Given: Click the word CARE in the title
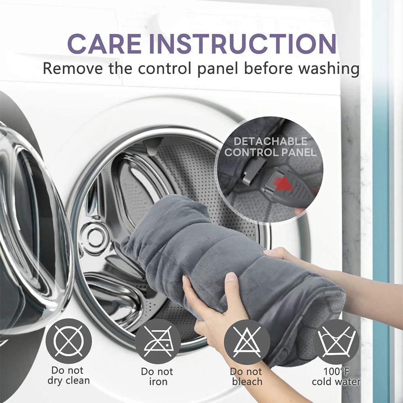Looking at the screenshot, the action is [104, 44].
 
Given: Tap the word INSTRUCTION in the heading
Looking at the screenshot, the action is [243, 44].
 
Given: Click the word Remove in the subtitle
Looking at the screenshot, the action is [73, 69].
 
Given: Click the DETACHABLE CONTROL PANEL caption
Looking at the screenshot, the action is [270, 147].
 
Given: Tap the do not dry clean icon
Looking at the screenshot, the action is [69, 341].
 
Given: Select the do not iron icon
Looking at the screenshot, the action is [158, 341].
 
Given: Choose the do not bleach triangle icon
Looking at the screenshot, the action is [247, 342].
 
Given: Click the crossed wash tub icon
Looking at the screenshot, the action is [336, 342].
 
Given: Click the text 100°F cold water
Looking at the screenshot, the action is [336, 376].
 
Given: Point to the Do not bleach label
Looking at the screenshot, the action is [246, 376].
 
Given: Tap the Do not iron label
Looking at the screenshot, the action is [157, 376].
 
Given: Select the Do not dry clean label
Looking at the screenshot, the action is [69, 375].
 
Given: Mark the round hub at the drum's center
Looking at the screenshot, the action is [96, 237].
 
